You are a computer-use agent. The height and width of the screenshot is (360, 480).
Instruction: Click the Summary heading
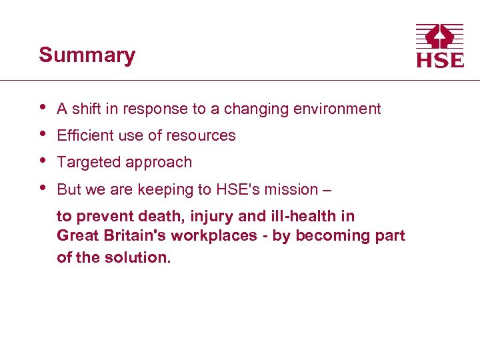tap(87, 55)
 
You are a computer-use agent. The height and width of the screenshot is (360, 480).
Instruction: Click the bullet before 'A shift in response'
tap(43, 107)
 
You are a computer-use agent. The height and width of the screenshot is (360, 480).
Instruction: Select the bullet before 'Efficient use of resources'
tap(43, 133)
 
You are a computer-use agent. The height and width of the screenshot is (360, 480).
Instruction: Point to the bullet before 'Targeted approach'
tap(43, 160)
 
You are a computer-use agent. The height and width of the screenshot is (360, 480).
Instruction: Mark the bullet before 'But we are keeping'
tap(43, 187)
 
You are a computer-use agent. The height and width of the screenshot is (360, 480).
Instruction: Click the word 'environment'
tap(341, 109)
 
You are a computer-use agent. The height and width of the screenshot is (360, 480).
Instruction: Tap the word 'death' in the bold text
tap(155, 216)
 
